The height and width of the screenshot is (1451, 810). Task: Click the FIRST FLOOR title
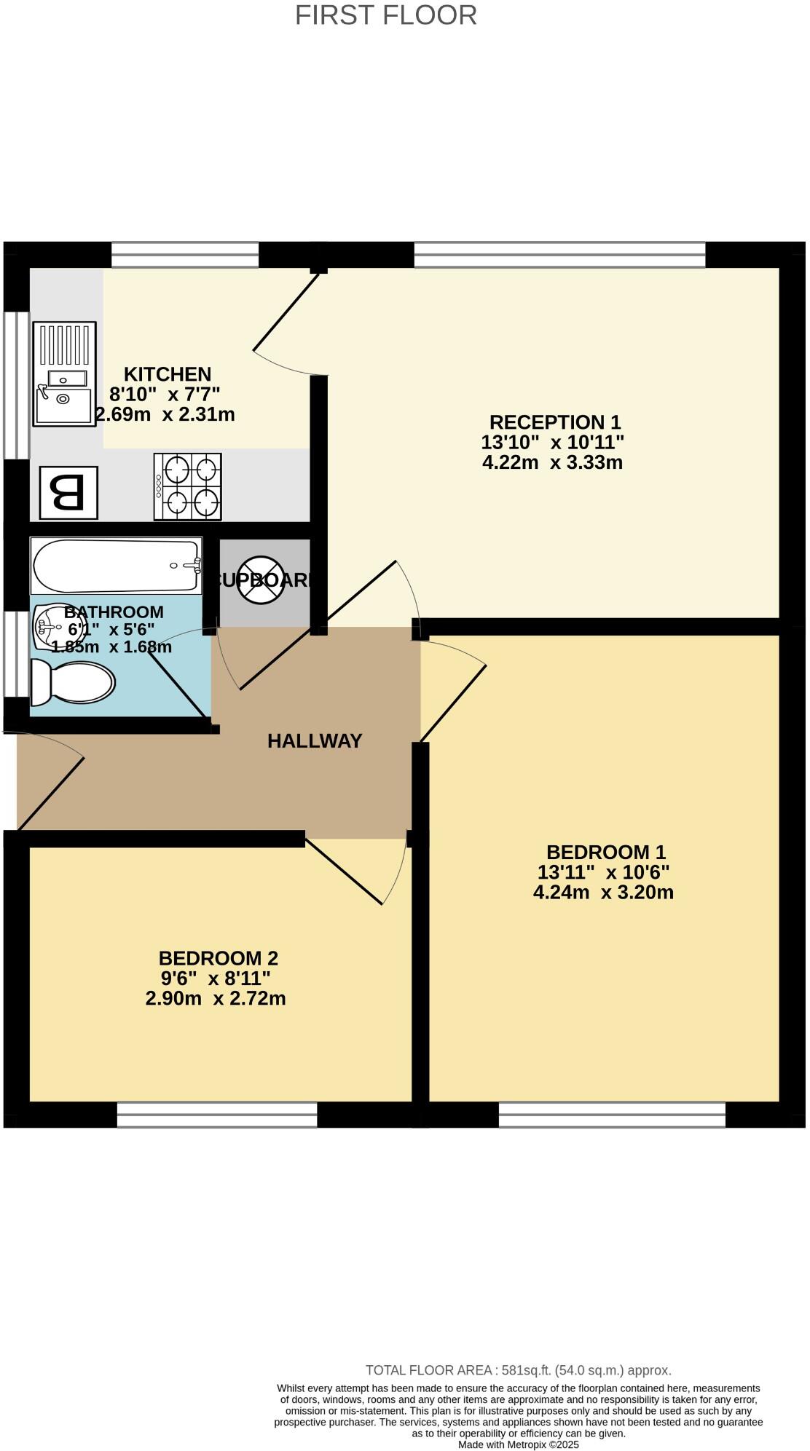point(385,15)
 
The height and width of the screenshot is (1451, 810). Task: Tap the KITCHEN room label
point(168,374)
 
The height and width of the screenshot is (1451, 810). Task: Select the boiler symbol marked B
point(68,493)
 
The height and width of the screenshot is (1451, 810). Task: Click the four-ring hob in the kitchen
point(187,486)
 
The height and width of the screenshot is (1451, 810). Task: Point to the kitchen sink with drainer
point(64,374)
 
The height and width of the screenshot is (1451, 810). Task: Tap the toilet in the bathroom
point(73,683)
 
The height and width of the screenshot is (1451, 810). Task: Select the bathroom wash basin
point(50,626)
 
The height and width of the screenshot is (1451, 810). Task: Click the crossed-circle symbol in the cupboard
point(260,580)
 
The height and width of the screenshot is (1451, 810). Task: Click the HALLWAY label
point(315,741)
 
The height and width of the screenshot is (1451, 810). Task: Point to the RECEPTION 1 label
point(554,422)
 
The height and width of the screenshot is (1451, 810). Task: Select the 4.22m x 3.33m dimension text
point(552,462)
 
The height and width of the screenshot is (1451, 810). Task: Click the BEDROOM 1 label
point(606,852)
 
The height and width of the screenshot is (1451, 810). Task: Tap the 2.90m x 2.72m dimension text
point(216,998)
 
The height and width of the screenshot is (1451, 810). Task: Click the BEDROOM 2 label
point(219,958)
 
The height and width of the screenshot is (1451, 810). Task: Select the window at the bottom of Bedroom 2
point(217,1115)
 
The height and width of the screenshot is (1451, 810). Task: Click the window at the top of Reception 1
point(559,255)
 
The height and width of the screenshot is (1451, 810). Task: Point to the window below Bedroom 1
point(612,1115)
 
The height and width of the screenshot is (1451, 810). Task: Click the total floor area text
point(518,1370)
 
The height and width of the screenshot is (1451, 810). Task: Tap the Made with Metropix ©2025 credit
point(518,1444)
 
